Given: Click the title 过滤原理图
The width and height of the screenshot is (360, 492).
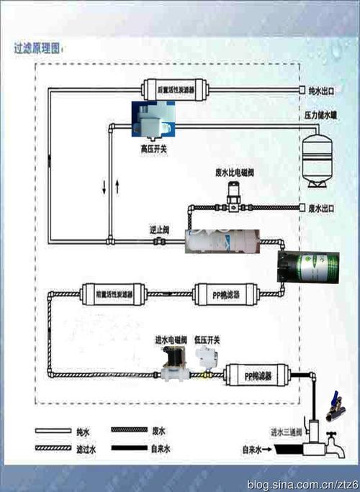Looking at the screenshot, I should [x=37, y=50].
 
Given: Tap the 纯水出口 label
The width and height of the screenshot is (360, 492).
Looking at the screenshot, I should [x=322, y=91].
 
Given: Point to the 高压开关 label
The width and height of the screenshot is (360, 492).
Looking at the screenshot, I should [x=153, y=148].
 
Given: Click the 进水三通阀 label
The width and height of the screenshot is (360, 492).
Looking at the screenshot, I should [x=287, y=432].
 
